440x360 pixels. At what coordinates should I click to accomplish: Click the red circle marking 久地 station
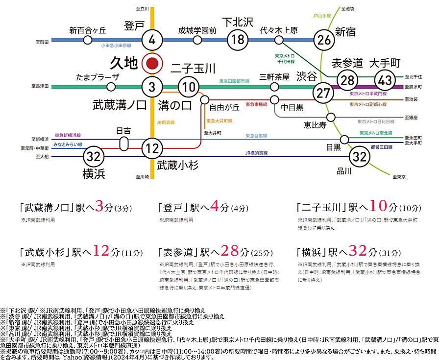coord(152,63)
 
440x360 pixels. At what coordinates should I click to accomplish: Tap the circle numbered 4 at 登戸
coord(152,40)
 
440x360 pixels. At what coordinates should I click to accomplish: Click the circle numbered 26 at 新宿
coord(324,40)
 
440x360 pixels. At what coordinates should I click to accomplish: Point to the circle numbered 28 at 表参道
coord(348,81)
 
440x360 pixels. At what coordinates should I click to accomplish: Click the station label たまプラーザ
coord(98,77)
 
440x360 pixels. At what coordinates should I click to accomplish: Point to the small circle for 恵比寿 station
coord(331,117)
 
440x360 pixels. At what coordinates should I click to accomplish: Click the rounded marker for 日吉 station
coord(123,144)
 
